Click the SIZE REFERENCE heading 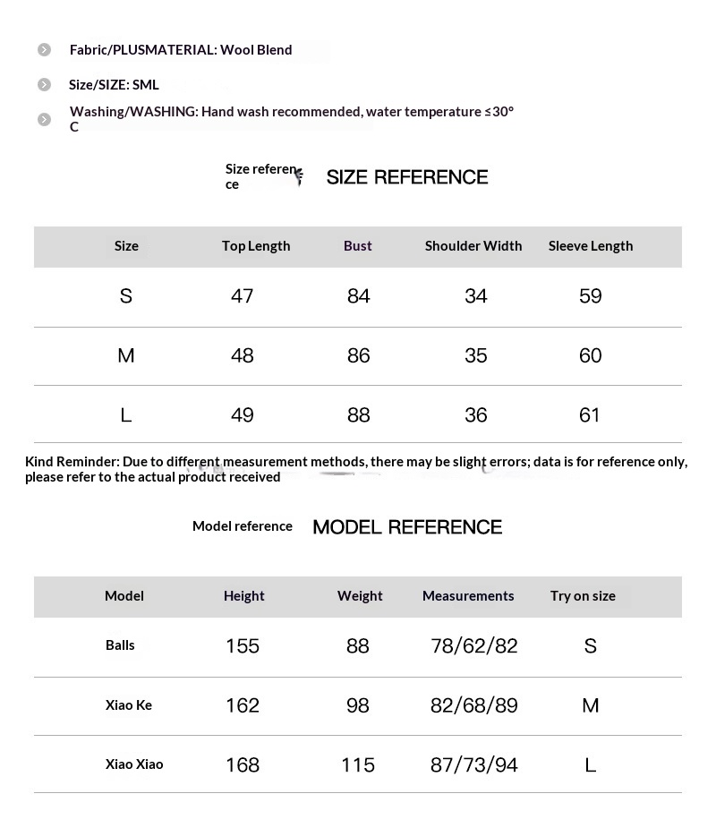tap(406, 177)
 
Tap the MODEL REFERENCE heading tap(407, 527)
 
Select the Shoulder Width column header tap(473, 246)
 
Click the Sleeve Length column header tap(591, 246)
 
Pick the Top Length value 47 tap(243, 296)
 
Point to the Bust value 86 tap(358, 355)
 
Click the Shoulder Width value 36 tap(476, 415)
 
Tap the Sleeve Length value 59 tap(591, 296)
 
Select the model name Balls tap(120, 645)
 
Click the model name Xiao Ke tap(129, 705)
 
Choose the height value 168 tap(243, 765)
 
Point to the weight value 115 tap(358, 765)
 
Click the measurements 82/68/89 tap(474, 705)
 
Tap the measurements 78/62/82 tap(474, 646)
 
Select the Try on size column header tap(583, 596)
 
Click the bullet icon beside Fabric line tap(45, 50)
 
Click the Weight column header tap(360, 596)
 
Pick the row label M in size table tap(126, 355)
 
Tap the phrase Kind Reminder tap(72, 462)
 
